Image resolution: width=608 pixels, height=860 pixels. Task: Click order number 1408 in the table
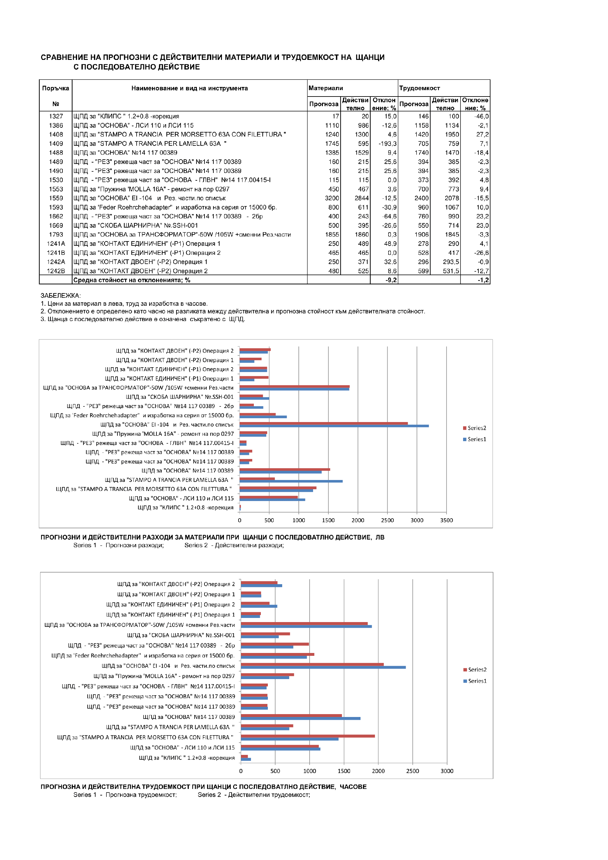pyautogui.click(x=56, y=134)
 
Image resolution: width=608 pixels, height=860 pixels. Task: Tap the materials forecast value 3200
pyautogui.click(x=332, y=198)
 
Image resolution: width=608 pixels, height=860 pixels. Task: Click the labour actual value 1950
pyautogui.click(x=452, y=134)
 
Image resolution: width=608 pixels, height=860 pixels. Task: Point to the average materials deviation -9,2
pyautogui.click(x=391, y=280)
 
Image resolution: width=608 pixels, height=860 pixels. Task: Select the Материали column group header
pyautogui.click(x=325, y=88)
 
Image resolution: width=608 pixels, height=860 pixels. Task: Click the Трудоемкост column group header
pyautogui.click(x=419, y=88)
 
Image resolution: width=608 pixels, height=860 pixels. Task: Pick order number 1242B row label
pyautogui.click(x=56, y=271)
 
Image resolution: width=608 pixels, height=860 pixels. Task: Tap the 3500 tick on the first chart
pyautogui.click(x=446, y=520)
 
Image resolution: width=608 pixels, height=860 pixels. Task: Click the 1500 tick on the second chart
pyautogui.click(x=344, y=771)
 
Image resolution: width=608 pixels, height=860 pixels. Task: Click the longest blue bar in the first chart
pyautogui.click(x=334, y=426)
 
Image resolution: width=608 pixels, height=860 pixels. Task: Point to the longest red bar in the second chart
pyautogui.click(x=312, y=664)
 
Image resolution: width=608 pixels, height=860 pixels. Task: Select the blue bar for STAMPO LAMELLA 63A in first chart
pyautogui.click(x=291, y=481)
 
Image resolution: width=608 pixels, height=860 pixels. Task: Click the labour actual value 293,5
pyautogui.click(x=451, y=262)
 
